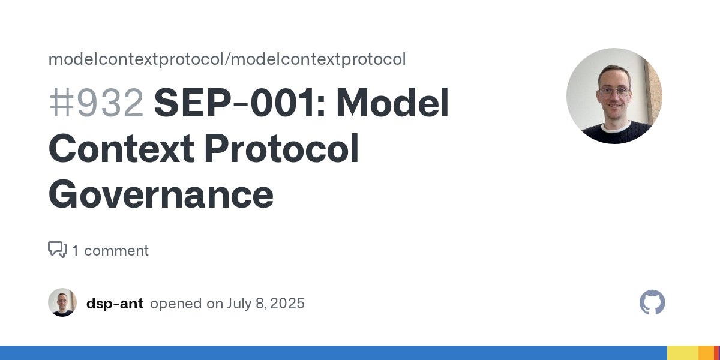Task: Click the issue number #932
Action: coord(96,103)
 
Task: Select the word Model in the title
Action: coord(392,103)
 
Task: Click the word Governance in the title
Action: coord(161,195)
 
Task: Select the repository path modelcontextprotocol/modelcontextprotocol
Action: coord(227,59)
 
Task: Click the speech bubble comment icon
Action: coord(58,250)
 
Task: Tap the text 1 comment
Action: coord(110,250)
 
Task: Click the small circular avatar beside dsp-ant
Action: coord(62,302)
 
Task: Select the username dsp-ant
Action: coord(115,304)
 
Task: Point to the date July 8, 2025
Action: coord(265,304)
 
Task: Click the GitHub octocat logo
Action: coord(652,302)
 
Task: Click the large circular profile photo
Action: coord(614,96)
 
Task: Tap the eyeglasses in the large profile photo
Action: coord(614,91)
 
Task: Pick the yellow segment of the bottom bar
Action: coord(682,353)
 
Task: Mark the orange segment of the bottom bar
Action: coord(706,353)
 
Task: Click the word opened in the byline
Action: coord(176,304)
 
